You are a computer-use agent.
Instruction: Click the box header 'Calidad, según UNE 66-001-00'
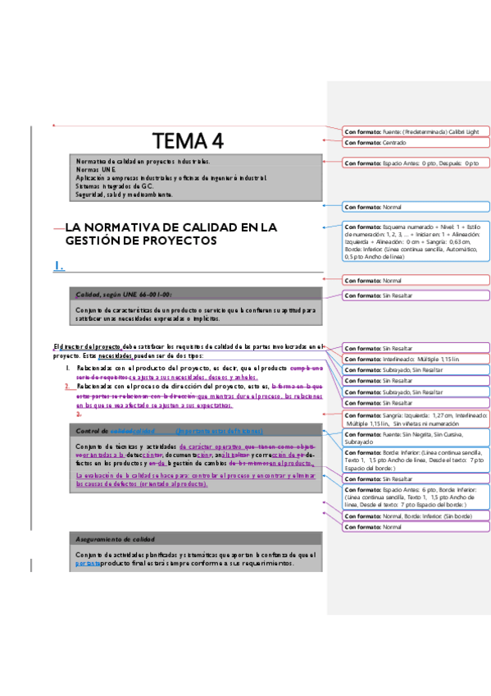click(x=124, y=294)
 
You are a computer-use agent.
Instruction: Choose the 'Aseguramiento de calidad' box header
click(x=115, y=539)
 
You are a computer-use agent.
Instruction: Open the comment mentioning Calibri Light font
click(x=416, y=131)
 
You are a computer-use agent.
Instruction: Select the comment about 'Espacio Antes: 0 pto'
click(x=416, y=163)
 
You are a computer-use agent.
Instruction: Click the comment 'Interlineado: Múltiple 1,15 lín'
click(x=416, y=359)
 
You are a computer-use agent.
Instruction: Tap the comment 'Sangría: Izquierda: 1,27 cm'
click(x=416, y=419)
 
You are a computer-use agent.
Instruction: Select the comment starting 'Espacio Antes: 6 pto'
click(x=416, y=499)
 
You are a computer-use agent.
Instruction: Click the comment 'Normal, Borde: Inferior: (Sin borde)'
click(x=416, y=516)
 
